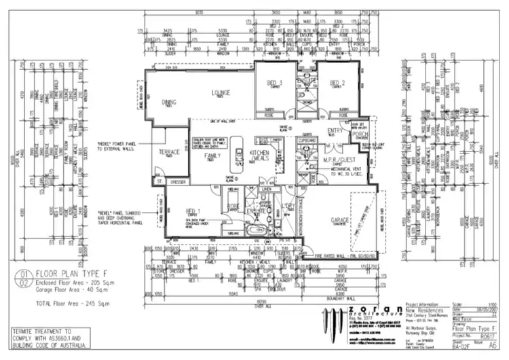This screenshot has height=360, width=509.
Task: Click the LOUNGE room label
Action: click(221, 93)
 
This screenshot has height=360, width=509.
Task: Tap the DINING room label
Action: click(169, 103)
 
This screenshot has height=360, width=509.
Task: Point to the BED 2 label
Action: click(337, 83)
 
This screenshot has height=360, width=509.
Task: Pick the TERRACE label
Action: click(168, 151)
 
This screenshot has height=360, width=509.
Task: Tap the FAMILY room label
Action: click(212, 156)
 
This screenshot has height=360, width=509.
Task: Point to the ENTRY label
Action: click(335, 130)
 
